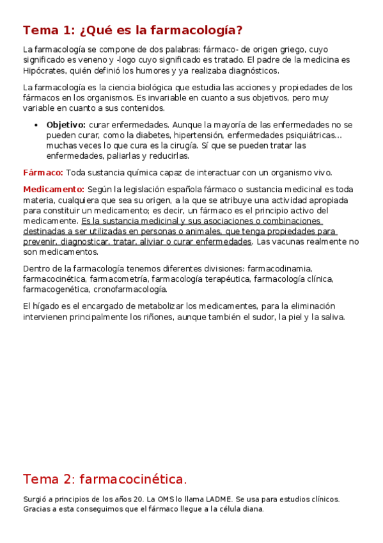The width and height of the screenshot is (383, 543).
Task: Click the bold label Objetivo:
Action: [66, 124]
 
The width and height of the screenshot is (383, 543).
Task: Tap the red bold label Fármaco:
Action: [43, 173]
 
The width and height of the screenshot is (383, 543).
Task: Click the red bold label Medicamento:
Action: [54, 190]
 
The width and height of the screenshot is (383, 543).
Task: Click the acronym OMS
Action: [177, 499]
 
